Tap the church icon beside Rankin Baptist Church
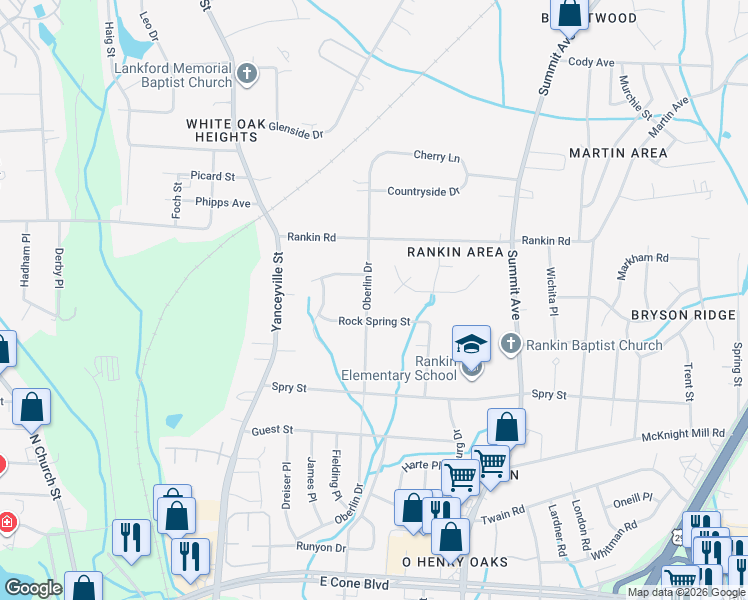click(x=511, y=345)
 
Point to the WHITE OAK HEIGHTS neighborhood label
click(x=227, y=130)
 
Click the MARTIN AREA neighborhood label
click(x=617, y=153)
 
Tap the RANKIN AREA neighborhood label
click(x=455, y=252)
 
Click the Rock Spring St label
click(x=374, y=321)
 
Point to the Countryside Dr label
click(x=424, y=191)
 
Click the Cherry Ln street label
click(x=437, y=157)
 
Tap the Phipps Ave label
click(x=222, y=203)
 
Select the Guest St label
click(x=272, y=430)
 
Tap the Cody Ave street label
click(x=590, y=62)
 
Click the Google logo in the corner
click(x=33, y=588)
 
